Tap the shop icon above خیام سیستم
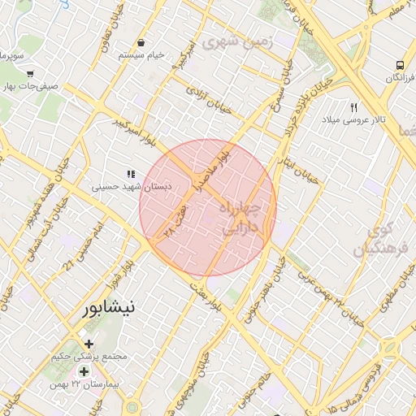141,42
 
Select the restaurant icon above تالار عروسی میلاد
353,107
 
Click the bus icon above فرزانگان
399,64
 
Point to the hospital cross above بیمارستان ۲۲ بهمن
84,371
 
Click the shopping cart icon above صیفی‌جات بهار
29,74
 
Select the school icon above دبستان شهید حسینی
130,174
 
